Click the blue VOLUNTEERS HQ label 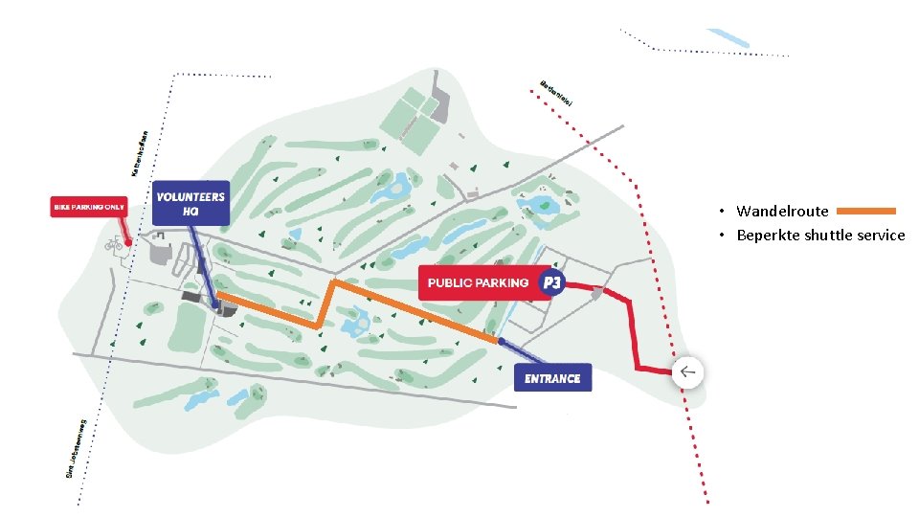(x=191, y=203)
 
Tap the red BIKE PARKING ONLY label (x=89, y=207)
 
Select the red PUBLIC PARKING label (x=478, y=282)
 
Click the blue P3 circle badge (x=551, y=282)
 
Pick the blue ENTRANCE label (x=552, y=378)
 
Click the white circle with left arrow (x=687, y=372)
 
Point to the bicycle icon (x=112, y=246)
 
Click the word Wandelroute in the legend (x=769, y=211)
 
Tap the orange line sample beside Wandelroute (x=859, y=211)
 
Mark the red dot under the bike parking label (x=128, y=242)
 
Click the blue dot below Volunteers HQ (x=216, y=306)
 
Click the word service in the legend (x=881, y=236)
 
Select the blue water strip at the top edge (x=728, y=37)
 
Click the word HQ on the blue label (x=191, y=211)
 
